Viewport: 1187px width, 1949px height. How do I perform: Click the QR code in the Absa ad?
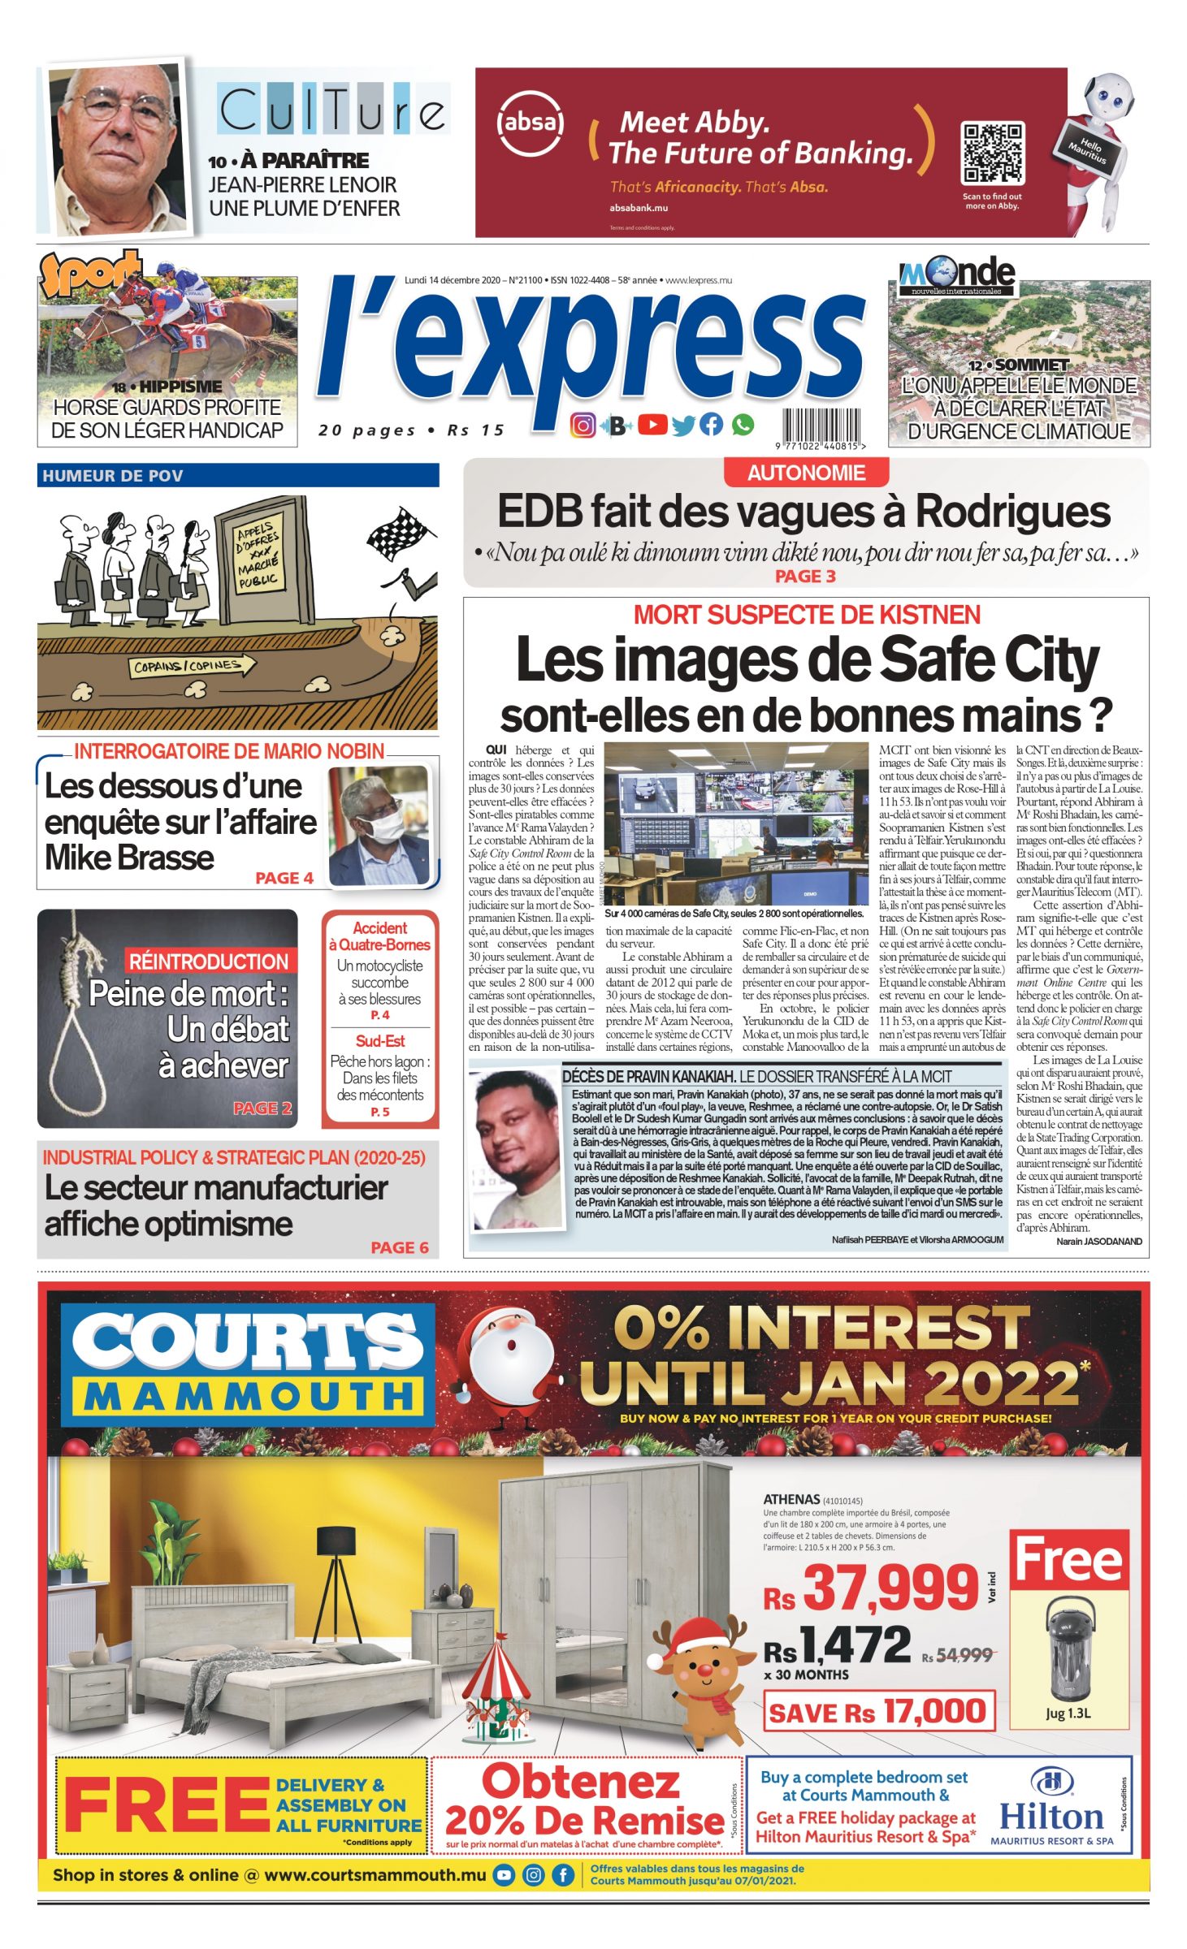(992, 153)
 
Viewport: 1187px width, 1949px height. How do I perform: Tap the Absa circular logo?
(530, 123)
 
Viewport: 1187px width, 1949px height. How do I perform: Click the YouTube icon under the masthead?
(652, 424)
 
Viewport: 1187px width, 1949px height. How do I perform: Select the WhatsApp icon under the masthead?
(743, 424)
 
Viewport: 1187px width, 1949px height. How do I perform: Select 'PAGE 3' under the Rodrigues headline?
(804, 576)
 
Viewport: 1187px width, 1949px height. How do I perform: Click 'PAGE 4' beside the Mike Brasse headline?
(284, 878)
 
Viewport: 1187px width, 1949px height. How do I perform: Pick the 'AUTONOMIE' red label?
(806, 473)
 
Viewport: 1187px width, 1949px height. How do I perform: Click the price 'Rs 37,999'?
(872, 1588)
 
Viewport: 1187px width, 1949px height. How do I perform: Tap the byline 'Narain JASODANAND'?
(1098, 1241)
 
